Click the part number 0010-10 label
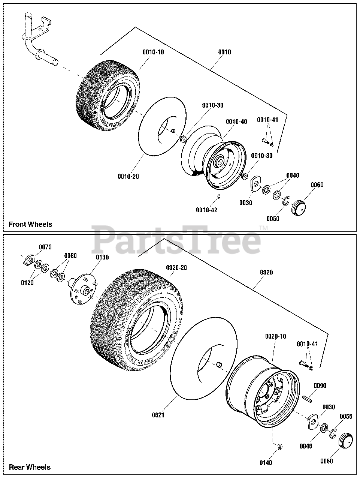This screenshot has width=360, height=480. pos(153,52)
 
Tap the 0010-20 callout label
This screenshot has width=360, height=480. pos(128,176)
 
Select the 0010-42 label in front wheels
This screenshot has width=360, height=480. pos(206,210)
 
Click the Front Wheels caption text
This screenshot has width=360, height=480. pos(30,224)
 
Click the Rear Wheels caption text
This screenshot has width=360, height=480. pos(30,467)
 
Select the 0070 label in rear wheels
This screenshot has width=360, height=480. pos(45,247)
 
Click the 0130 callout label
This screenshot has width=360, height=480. pos(102,257)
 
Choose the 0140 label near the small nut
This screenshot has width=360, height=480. pos(266,463)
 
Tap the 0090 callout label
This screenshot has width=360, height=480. pos(320,386)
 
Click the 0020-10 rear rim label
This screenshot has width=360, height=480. pos(275,336)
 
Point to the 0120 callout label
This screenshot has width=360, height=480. pos(27,283)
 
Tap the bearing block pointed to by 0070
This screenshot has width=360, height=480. pos(28,260)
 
